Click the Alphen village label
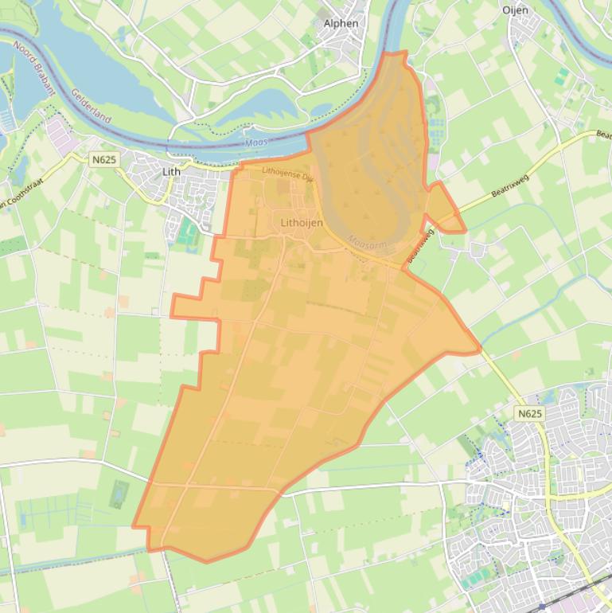341,23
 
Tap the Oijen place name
515,10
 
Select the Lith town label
171,171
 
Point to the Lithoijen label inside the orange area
302,223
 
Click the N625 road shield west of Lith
103,159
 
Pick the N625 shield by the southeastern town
528,413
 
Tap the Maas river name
255,143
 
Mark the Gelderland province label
90,105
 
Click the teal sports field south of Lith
188,232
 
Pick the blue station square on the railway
543,607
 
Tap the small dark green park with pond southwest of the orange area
119,494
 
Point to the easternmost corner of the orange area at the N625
479,348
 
